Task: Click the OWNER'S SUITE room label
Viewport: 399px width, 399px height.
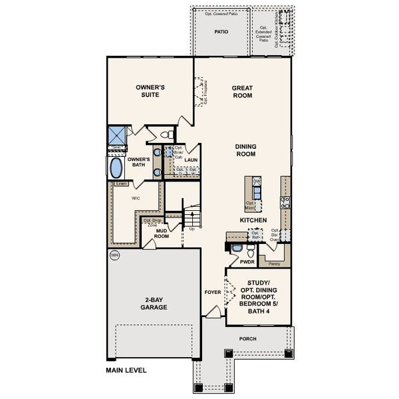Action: click(150, 91)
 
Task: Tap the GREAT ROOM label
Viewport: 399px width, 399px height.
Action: click(241, 91)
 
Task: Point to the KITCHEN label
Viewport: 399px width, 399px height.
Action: click(253, 219)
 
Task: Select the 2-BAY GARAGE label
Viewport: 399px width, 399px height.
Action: click(153, 304)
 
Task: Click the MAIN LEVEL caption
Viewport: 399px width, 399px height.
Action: click(126, 370)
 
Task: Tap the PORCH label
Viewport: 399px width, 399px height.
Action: click(247, 338)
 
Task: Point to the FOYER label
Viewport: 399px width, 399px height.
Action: click(212, 291)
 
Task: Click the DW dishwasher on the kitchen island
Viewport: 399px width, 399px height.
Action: click(257, 181)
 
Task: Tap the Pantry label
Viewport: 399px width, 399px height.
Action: click(273, 263)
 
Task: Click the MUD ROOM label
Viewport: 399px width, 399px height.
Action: click(162, 233)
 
